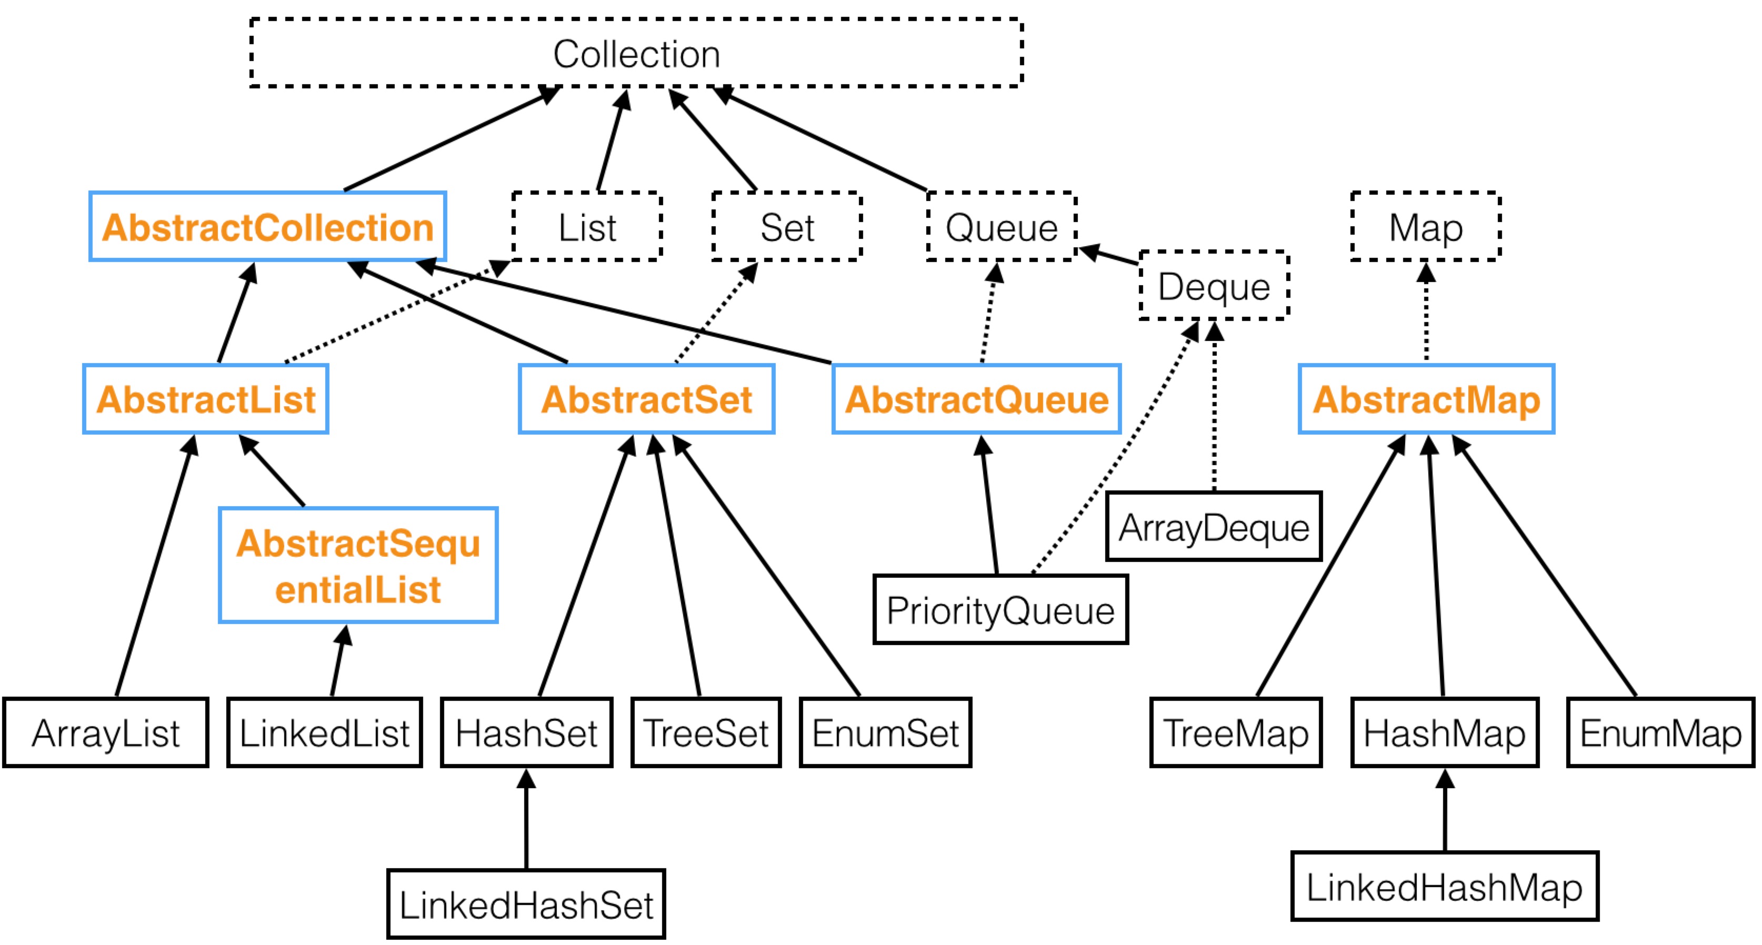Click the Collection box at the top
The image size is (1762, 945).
(636, 53)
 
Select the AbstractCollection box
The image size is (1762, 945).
(267, 226)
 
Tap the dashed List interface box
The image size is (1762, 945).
(587, 226)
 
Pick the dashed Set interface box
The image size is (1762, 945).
(787, 226)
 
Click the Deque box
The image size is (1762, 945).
(1214, 286)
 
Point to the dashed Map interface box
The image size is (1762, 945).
(1426, 226)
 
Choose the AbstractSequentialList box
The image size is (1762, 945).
(358, 565)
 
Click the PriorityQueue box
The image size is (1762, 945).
(1000, 609)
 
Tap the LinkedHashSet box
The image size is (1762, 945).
(526, 904)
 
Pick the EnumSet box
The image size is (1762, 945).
(886, 733)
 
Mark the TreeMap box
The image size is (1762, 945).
(1236, 733)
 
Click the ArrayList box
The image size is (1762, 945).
(105, 733)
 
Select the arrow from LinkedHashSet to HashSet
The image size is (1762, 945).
(526, 819)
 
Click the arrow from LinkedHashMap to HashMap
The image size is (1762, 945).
(1445, 810)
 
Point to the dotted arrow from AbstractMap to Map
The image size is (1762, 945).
(1426, 313)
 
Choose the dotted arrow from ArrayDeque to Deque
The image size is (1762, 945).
(1214, 406)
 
